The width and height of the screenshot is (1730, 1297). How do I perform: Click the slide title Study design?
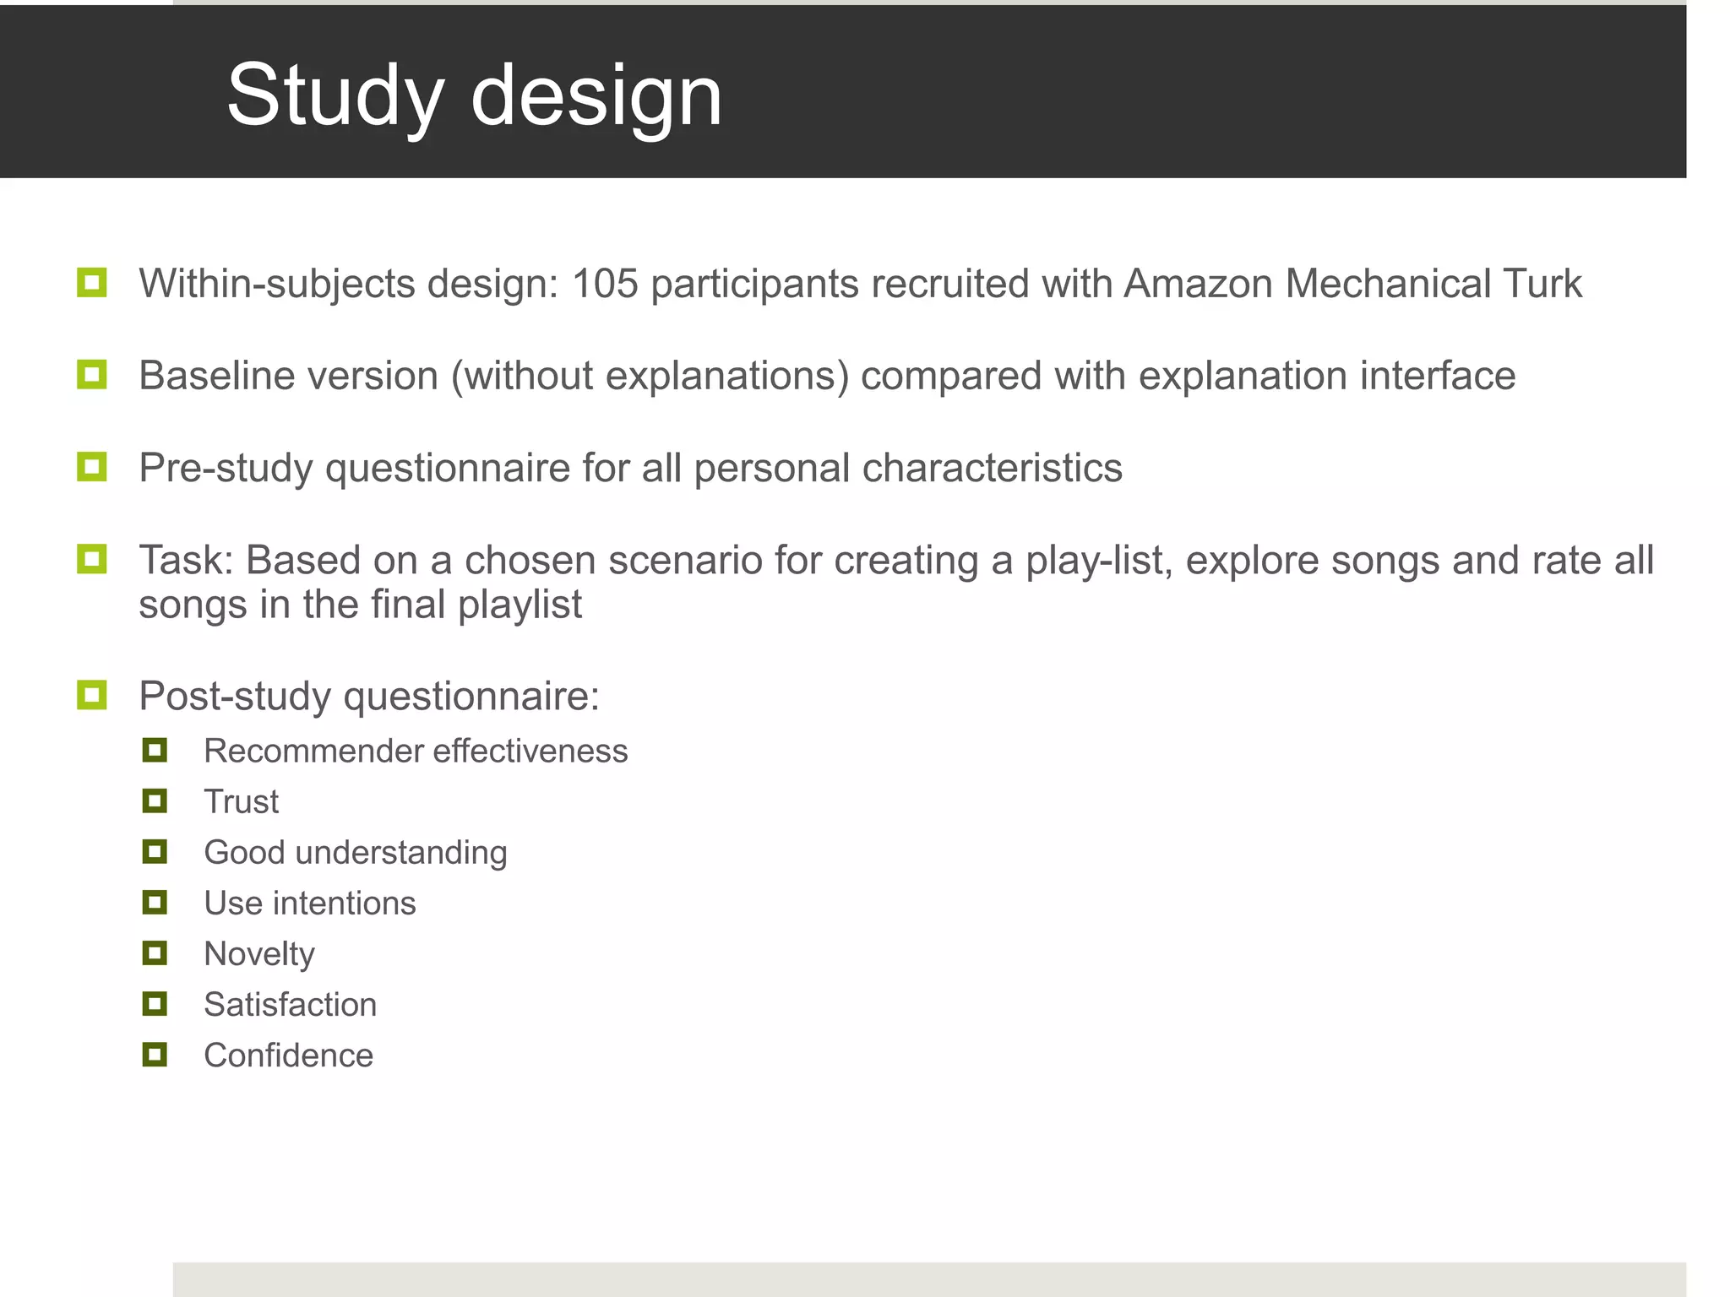click(x=474, y=95)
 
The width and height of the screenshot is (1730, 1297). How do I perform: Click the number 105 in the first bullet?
click(x=605, y=284)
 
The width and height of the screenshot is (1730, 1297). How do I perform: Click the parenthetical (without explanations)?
click(x=650, y=377)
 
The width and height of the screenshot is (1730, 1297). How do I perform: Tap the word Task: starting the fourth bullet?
click(x=186, y=561)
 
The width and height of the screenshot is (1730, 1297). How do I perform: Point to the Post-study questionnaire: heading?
click(x=369, y=697)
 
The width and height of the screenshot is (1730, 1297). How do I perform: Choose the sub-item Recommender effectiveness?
click(x=416, y=751)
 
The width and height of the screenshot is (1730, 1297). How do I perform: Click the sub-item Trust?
click(x=241, y=801)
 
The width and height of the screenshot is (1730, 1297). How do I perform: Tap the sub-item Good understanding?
click(x=356, y=852)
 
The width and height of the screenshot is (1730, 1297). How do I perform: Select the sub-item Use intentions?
click(x=310, y=903)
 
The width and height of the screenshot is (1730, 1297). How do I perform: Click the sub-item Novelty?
click(x=259, y=954)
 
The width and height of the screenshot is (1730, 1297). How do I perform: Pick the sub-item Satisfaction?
click(x=290, y=1005)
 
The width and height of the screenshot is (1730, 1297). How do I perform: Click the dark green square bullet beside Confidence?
click(x=155, y=1055)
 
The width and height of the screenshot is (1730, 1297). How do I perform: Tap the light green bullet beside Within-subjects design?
click(x=91, y=283)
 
